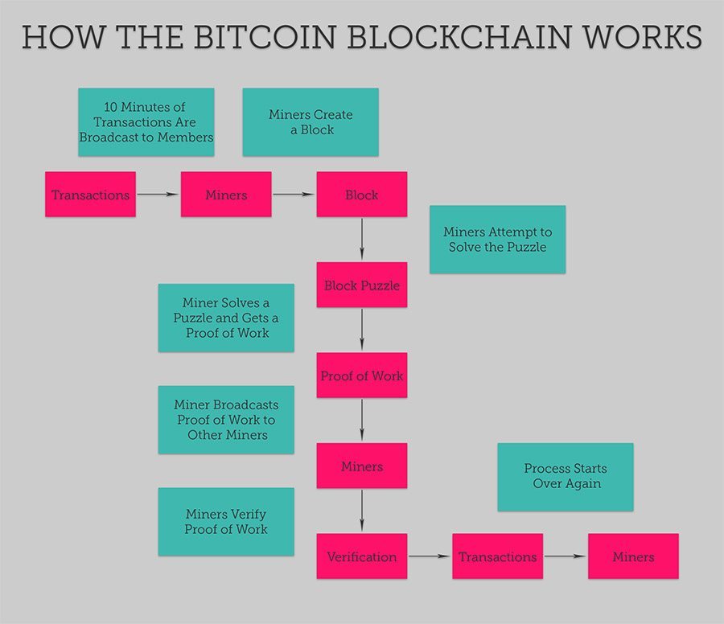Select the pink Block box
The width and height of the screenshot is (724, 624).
[x=362, y=195]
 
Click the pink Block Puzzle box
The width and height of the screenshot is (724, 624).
[x=362, y=285]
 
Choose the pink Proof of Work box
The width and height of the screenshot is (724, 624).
[x=362, y=376]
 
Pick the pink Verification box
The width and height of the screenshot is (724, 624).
[x=362, y=556]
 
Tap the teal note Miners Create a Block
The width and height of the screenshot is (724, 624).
[x=311, y=122]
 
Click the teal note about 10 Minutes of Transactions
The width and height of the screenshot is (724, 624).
[x=146, y=122]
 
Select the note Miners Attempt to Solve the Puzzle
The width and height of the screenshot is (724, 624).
[x=497, y=240]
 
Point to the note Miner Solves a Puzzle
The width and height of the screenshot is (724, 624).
[x=226, y=318]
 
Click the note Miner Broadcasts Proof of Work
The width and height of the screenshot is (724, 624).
[x=226, y=420]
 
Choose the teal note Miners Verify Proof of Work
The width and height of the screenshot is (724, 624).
[x=226, y=522]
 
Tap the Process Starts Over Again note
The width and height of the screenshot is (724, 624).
[x=566, y=477]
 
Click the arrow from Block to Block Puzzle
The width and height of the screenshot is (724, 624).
[x=362, y=239]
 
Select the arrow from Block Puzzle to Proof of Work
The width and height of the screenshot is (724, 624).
[x=362, y=330]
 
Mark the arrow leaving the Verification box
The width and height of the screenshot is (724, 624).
[x=430, y=556]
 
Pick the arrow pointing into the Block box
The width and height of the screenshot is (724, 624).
[x=294, y=195]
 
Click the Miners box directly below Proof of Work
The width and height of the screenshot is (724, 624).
[x=362, y=466]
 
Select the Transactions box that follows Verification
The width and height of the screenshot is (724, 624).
[x=497, y=556]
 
